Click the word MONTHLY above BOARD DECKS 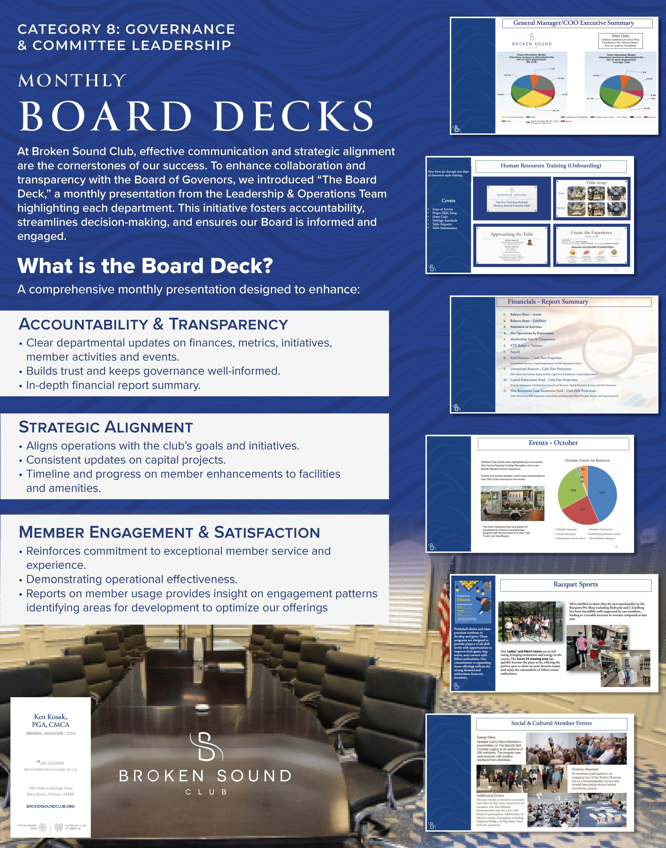pos(72,81)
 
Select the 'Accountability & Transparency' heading pos(153,324)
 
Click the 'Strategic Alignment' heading pos(106,427)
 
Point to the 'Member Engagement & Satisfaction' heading pos(169,532)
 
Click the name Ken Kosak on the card pos(51,717)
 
